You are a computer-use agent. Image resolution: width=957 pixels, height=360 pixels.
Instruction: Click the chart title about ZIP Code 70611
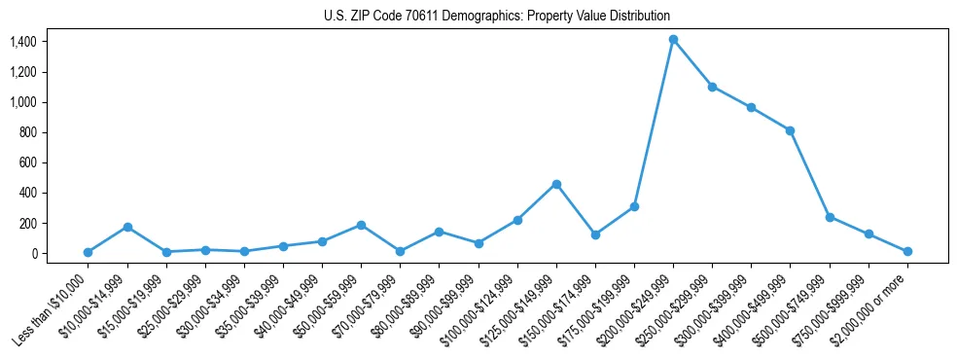[x=497, y=16]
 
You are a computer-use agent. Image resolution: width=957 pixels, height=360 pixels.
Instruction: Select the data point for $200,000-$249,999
[x=673, y=40]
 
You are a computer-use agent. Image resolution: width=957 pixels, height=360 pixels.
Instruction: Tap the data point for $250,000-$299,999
[x=712, y=87]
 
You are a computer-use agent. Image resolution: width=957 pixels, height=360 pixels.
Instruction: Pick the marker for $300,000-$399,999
[x=751, y=107]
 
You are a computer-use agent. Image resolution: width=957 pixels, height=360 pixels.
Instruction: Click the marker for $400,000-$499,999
[x=790, y=130]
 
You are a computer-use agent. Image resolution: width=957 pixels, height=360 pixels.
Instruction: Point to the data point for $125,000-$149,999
[x=556, y=184]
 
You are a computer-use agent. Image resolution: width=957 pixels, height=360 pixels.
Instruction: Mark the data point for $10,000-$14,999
[x=127, y=227]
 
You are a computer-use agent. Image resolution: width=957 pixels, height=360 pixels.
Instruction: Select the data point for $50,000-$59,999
[x=361, y=225]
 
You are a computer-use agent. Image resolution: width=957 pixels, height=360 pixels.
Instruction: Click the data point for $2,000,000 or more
[x=907, y=251]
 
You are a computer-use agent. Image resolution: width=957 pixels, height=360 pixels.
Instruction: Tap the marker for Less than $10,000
[x=88, y=252]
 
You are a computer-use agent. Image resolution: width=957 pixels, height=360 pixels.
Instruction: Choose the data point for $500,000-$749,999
[x=830, y=217]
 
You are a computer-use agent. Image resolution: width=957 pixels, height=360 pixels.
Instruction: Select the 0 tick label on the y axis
[x=34, y=254]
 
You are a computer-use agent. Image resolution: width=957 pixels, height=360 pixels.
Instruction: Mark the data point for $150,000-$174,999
[x=595, y=234]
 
